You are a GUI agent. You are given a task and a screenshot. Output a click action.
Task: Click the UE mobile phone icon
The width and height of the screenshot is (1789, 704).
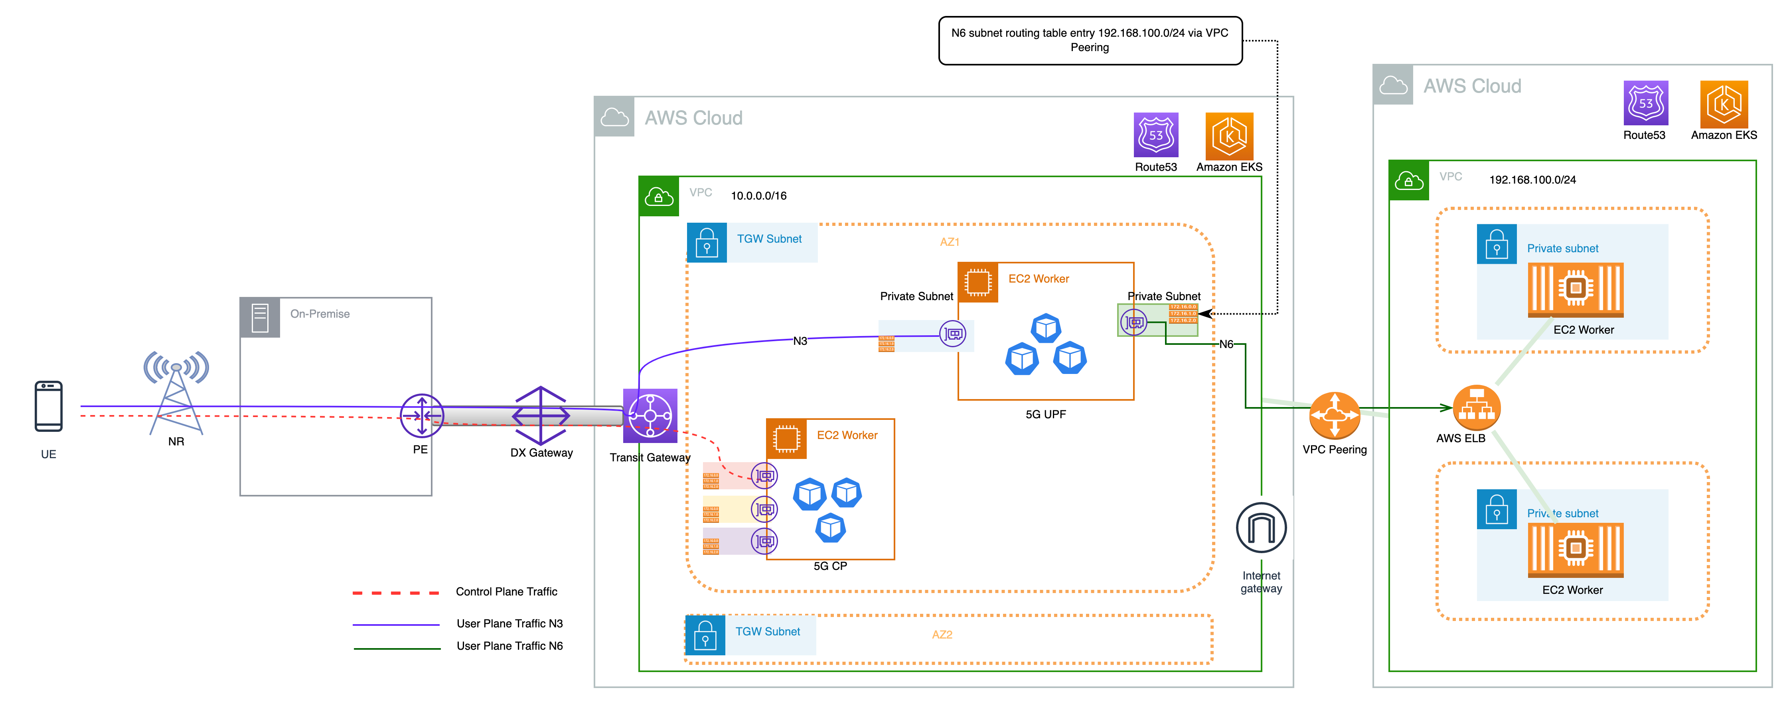click(x=49, y=407)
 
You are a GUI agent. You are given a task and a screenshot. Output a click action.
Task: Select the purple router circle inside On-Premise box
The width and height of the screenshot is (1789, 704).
click(x=422, y=415)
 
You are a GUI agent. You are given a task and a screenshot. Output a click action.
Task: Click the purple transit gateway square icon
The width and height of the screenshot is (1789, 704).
click(x=650, y=415)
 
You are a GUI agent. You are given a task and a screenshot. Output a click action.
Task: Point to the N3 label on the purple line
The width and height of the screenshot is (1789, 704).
click(x=800, y=341)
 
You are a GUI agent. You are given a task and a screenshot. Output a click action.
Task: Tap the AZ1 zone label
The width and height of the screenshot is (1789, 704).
click(x=950, y=242)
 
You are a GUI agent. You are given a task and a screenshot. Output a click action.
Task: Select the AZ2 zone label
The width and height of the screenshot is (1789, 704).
click(x=942, y=635)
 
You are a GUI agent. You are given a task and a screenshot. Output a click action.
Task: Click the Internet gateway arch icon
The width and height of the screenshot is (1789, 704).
click(x=1261, y=528)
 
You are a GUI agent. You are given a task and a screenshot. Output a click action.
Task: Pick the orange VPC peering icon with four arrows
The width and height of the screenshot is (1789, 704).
click(x=1334, y=415)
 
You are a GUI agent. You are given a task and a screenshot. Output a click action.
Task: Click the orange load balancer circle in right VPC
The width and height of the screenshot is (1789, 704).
click(x=1477, y=408)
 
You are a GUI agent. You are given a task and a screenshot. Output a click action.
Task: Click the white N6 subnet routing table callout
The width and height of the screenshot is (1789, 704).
click(x=1090, y=40)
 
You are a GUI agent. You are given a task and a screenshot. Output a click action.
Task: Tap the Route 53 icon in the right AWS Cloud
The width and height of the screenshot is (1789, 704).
click(x=1645, y=103)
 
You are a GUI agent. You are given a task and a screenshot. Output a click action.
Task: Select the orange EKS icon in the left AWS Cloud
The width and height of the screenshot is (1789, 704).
click(x=1229, y=136)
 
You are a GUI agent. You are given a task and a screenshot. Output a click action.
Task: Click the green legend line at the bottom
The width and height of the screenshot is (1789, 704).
click(x=397, y=649)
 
